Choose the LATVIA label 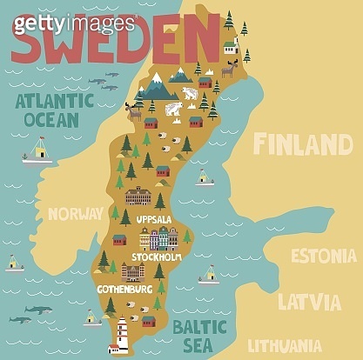tap(308, 303)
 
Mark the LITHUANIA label tap(291, 343)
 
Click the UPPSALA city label tap(154, 219)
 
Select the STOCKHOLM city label tap(156, 257)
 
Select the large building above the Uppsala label tap(138, 197)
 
